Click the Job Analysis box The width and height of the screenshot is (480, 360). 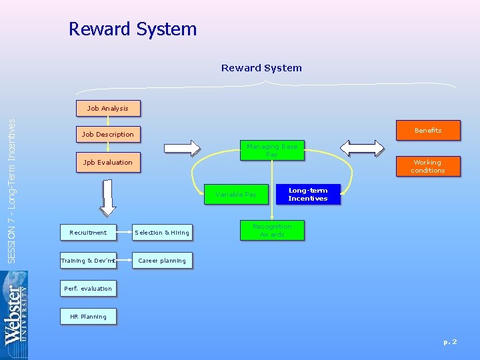click(107, 108)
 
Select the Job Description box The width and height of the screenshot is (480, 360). click(107, 134)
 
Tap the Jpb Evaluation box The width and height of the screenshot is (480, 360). click(107, 162)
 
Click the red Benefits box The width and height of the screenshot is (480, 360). click(427, 130)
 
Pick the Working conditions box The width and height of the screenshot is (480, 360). click(427, 166)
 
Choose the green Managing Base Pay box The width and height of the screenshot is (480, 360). click(271, 151)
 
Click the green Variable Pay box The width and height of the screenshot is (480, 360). click(235, 195)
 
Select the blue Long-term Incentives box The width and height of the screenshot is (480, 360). click(307, 194)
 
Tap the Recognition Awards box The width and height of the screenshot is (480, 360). click(271, 231)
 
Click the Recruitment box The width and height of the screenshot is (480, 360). click(88, 233)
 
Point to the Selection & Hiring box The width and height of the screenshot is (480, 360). click(162, 233)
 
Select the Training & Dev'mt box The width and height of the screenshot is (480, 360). click(88, 261)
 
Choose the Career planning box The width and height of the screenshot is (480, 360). click(162, 261)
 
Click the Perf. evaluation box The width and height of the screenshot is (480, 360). click(88, 289)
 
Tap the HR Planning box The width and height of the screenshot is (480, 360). click(88, 317)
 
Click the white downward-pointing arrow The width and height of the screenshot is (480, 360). click(107, 197)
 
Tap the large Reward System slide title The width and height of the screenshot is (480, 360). click(133, 29)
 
